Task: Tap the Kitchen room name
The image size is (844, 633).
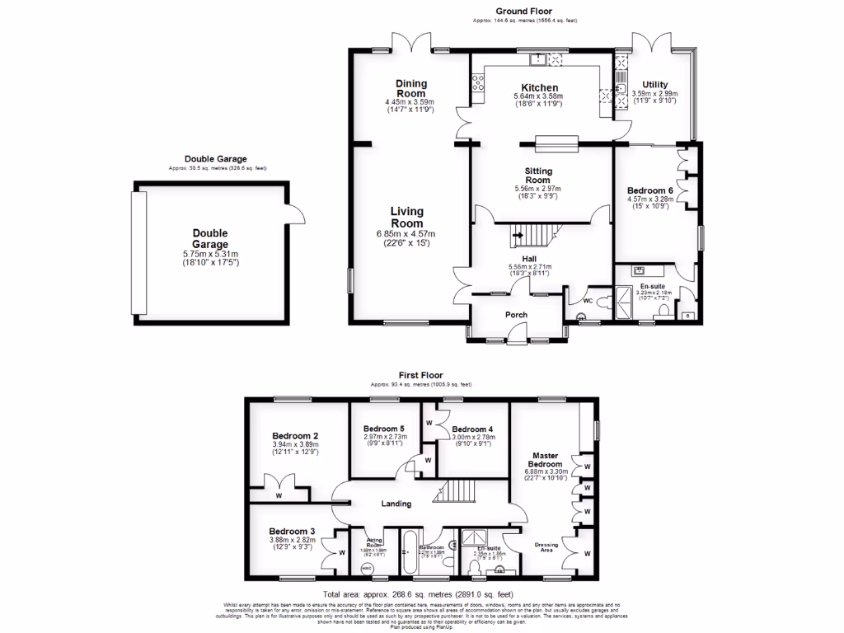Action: tap(540, 87)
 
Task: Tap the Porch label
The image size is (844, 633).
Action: tap(516, 314)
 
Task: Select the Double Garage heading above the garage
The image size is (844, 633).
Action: tap(215, 159)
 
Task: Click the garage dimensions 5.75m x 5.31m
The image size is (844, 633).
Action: tap(209, 254)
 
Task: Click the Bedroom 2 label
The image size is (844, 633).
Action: tap(295, 435)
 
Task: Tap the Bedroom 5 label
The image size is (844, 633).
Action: tap(384, 429)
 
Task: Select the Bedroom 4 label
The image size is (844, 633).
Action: tap(472, 429)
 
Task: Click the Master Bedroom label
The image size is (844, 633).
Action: tap(546, 460)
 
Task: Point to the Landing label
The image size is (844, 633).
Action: tap(395, 504)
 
